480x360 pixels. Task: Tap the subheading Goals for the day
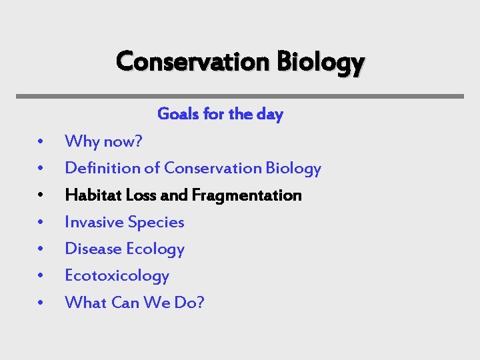point(220,114)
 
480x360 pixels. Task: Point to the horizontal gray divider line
point(240,96)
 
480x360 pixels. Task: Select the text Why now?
point(103,141)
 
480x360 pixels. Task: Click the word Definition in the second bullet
point(103,168)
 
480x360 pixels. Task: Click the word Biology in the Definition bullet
point(293,168)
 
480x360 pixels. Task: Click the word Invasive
point(93,222)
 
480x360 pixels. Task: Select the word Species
point(156,223)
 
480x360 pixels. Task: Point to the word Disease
point(91,249)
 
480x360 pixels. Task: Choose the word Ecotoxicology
point(117,275)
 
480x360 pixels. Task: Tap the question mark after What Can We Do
point(199,302)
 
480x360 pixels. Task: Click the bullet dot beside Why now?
point(41,142)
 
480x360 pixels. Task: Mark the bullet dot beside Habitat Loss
point(41,196)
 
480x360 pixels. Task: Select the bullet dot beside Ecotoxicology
point(41,276)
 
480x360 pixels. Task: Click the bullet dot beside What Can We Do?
point(41,303)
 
